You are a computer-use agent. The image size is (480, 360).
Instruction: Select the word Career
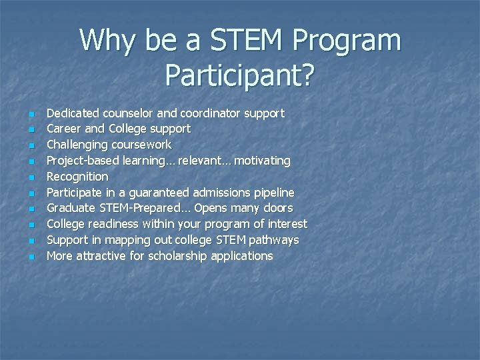point(63,129)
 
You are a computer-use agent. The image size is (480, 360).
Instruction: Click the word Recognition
point(77,177)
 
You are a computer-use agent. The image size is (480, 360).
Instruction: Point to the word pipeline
point(273,193)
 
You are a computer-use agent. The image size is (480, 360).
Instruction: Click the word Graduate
point(70,208)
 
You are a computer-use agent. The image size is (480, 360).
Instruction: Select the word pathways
point(271,240)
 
